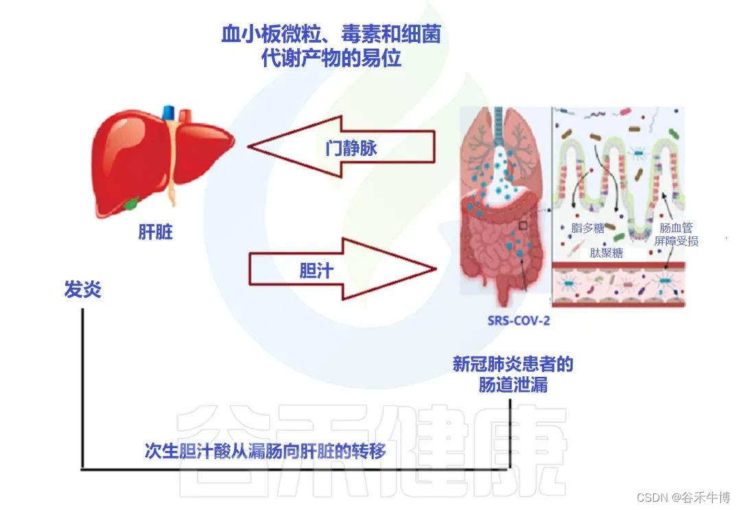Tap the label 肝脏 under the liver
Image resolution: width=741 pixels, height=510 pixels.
click(x=156, y=232)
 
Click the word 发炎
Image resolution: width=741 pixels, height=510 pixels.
click(x=82, y=290)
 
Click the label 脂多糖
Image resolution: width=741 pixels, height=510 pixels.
click(x=588, y=228)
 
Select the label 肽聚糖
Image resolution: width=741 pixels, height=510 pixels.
click(x=607, y=252)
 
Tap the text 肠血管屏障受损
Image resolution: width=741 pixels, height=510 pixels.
click(x=676, y=234)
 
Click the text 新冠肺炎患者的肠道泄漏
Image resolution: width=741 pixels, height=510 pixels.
click(x=513, y=373)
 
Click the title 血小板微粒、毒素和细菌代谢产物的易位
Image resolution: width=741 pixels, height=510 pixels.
click(x=331, y=46)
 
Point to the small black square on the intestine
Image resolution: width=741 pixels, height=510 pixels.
click(x=523, y=224)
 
